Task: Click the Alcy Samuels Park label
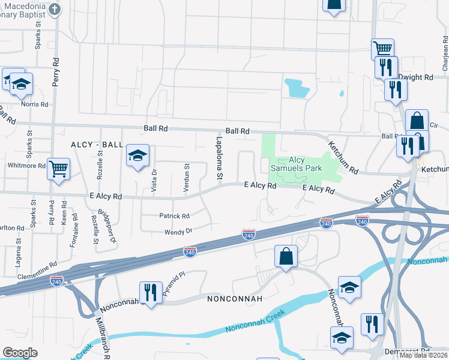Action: coord(297,164)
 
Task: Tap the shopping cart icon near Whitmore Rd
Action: coord(58,169)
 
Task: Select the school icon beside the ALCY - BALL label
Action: coord(137,157)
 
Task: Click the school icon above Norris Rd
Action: coord(21,85)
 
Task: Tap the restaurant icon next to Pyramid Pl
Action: coord(150,292)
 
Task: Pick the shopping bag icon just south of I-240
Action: coord(286,256)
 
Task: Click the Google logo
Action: coord(20,353)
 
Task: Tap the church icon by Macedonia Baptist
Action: coord(55,9)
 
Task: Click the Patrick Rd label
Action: coord(174,216)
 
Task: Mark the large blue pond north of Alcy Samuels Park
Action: coord(297,88)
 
